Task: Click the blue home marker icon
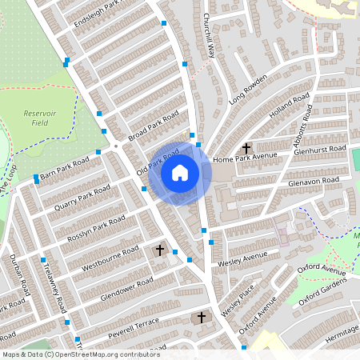(x=180, y=172)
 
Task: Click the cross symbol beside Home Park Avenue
(x=246, y=148)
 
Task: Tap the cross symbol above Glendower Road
(x=159, y=251)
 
